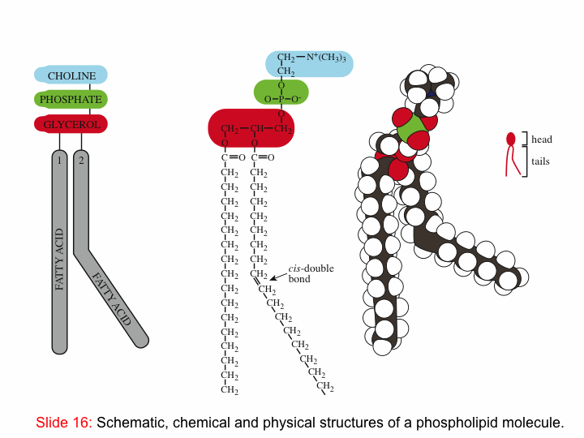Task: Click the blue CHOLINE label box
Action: (x=71, y=75)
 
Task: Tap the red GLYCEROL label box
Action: (x=71, y=124)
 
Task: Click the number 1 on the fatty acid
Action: (x=59, y=161)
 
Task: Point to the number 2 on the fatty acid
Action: (x=81, y=161)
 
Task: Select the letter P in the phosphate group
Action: (x=281, y=99)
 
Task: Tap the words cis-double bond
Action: (x=311, y=273)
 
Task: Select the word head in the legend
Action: (x=542, y=140)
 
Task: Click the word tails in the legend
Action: (x=540, y=161)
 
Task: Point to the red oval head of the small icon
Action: (x=511, y=140)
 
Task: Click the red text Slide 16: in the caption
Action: (x=64, y=423)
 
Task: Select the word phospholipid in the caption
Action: (x=461, y=423)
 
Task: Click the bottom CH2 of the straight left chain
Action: (x=230, y=390)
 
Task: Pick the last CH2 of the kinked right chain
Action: (x=325, y=387)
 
